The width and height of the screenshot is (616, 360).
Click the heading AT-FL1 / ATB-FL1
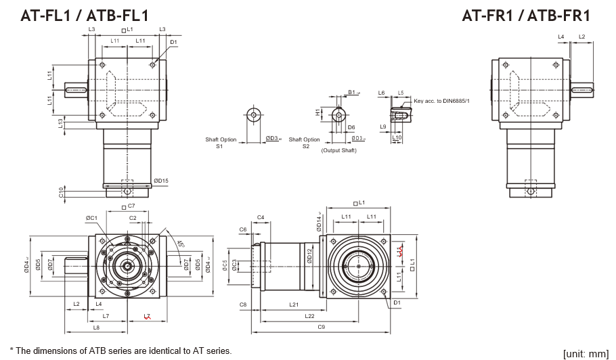(85, 15)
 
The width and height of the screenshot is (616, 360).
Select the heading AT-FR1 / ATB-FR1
(526, 15)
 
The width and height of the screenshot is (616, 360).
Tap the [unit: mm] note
(586, 353)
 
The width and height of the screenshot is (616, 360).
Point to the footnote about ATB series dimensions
(120, 351)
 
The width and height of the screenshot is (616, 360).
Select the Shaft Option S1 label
(221, 143)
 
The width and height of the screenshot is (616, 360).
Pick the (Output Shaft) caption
(338, 150)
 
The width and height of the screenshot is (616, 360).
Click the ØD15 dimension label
(160, 181)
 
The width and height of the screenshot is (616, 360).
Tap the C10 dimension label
(61, 192)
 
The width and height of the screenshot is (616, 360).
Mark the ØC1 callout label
(92, 218)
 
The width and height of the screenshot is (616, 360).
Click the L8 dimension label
(96, 328)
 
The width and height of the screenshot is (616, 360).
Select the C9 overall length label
(321, 328)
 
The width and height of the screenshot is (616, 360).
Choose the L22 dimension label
(309, 316)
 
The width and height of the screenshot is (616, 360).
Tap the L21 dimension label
(294, 305)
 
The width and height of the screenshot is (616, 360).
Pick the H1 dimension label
(317, 113)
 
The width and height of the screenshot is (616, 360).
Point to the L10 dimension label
(397, 137)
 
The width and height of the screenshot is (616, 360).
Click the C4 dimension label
(260, 217)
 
